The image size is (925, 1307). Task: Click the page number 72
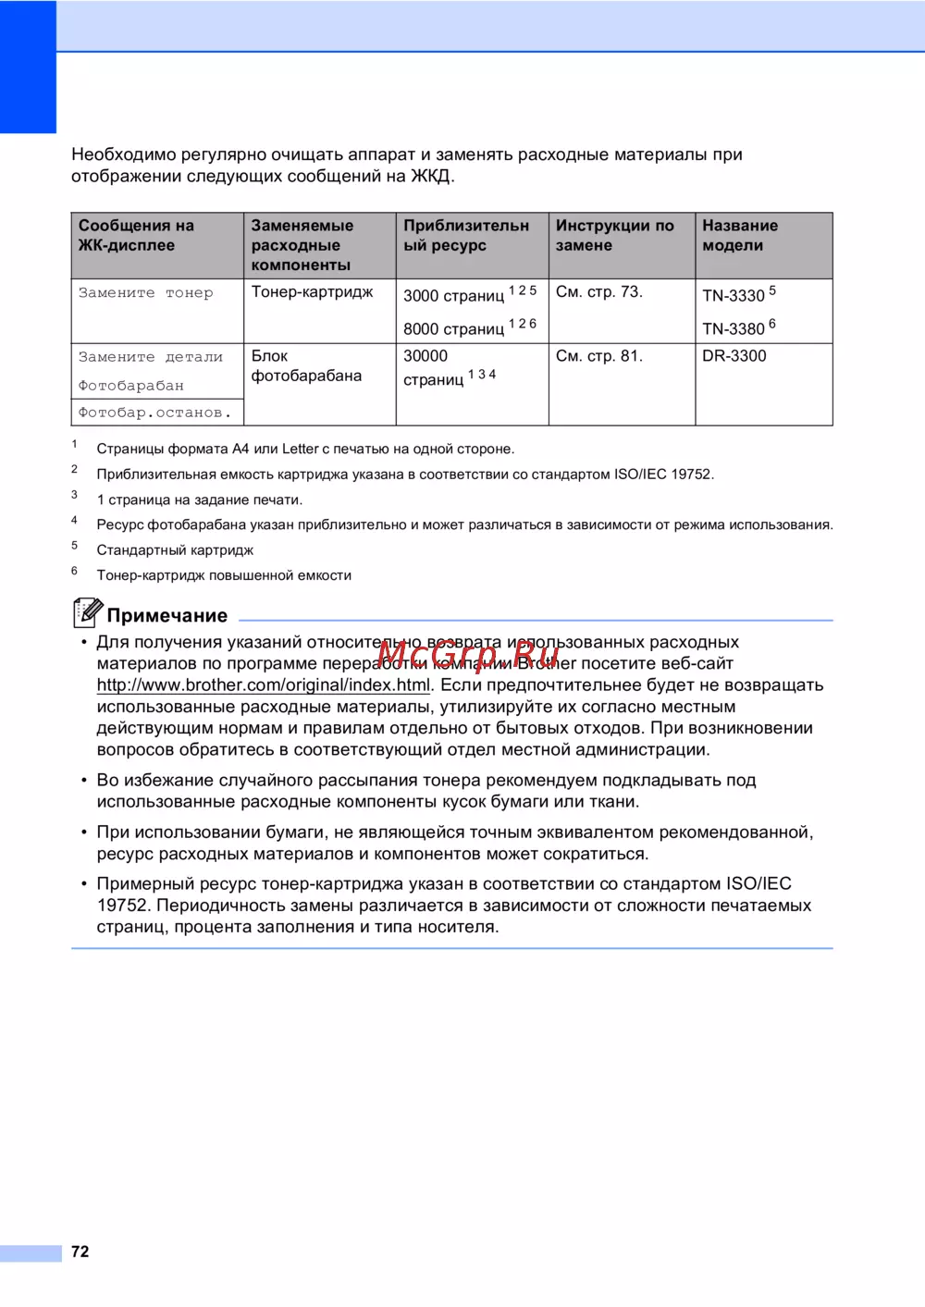[80, 1252]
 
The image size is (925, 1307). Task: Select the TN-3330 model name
[734, 296]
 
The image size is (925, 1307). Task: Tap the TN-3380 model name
[734, 329]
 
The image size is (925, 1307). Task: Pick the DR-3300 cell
[734, 356]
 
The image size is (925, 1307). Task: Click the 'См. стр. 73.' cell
[598, 292]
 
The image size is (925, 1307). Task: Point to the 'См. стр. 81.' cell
[598, 356]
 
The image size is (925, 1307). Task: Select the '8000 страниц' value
[453, 329]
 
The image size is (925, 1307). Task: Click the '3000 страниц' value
[453, 296]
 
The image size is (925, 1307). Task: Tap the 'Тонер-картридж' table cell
[312, 292]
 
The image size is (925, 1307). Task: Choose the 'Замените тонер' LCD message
[145, 293]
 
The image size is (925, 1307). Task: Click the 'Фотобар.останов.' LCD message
[154, 413]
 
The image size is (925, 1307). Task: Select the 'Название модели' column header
[740, 235]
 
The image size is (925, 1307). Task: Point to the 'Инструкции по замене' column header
[614, 235]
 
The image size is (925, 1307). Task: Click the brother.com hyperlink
[264, 685]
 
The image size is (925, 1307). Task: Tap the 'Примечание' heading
[166, 616]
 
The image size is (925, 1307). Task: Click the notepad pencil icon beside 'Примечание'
[87, 611]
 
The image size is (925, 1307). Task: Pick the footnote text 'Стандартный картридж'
[175, 550]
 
